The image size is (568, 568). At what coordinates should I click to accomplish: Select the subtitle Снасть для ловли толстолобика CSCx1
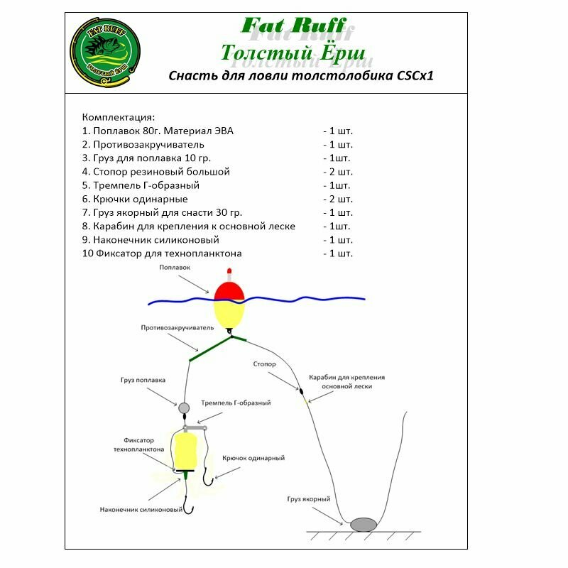point(300,76)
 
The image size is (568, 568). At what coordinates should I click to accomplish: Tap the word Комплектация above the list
point(118,116)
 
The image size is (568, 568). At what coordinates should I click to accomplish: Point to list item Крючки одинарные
point(135,199)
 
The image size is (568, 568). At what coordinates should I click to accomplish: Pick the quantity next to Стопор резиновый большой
point(337,172)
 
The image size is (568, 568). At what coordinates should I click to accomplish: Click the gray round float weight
point(184,408)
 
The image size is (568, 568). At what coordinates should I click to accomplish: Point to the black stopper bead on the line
point(300,391)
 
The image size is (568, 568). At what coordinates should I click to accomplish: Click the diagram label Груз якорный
point(310,499)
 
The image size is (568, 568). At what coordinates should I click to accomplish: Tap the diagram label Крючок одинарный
point(253,458)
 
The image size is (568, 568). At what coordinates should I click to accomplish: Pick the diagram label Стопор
point(263,364)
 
